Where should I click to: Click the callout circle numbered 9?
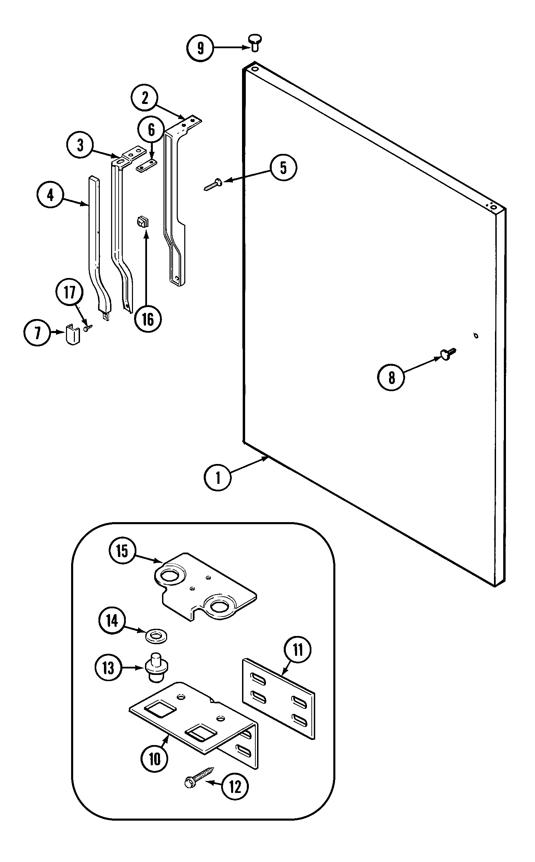[x=200, y=48]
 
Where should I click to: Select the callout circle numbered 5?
[x=283, y=168]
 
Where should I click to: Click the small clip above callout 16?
[x=143, y=223]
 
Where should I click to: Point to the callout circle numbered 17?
[x=69, y=292]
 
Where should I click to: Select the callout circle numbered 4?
[x=50, y=195]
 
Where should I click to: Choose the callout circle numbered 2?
[x=145, y=98]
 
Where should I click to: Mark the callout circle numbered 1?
[x=218, y=477]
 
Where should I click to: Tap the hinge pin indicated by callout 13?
[x=156, y=667]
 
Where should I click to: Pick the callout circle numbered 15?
[x=122, y=551]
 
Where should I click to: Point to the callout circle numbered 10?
[x=155, y=758]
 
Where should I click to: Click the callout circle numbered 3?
[x=80, y=145]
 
